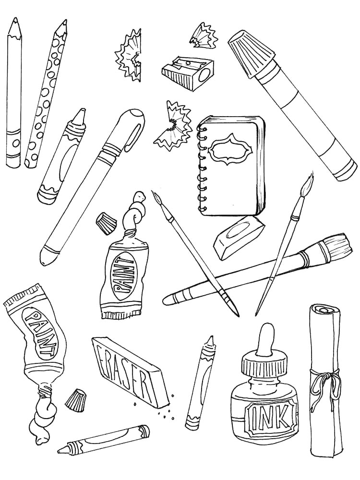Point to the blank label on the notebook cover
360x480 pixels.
tap(231, 147)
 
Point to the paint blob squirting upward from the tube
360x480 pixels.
tap(137, 212)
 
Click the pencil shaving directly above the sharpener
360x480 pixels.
tap(205, 36)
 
